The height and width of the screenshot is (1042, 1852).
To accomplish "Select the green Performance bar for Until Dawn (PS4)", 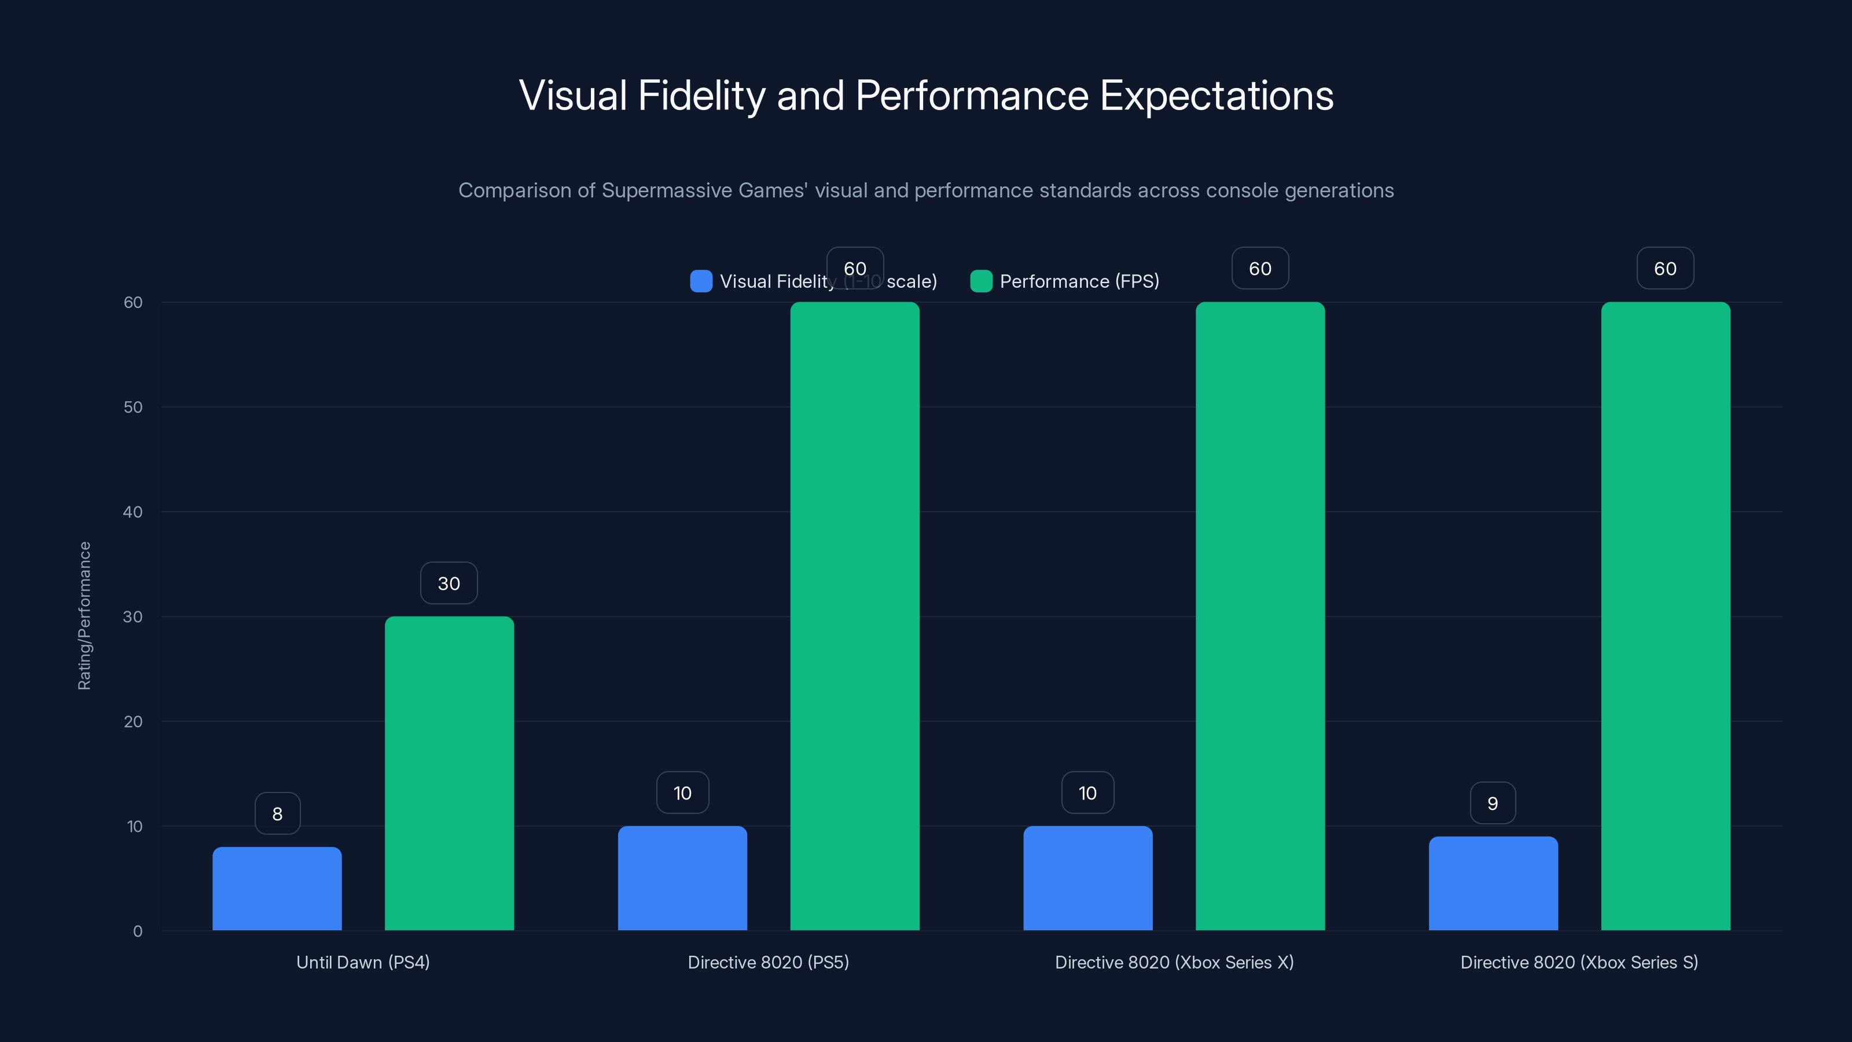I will tap(449, 773).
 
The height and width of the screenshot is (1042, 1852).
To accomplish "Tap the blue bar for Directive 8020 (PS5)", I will tap(682, 878).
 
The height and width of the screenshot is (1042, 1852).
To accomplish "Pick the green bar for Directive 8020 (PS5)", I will tap(855, 617).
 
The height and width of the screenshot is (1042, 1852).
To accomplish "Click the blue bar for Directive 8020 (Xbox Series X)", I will tap(1088, 878).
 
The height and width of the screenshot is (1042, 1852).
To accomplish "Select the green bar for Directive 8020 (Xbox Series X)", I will tap(1261, 617).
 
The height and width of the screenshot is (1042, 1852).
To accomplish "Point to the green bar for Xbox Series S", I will tap(1666, 617).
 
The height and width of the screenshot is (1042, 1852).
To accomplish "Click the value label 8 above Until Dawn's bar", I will tap(278, 813).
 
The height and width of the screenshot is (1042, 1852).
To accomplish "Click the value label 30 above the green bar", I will tap(449, 583).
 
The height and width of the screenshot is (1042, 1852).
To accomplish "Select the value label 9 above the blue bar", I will tap(1493, 803).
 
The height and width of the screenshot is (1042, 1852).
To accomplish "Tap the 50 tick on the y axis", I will tap(133, 407).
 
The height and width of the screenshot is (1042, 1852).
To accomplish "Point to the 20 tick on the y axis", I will tap(133, 721).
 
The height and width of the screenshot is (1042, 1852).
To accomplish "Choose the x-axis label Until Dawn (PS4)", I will tap(363, 962).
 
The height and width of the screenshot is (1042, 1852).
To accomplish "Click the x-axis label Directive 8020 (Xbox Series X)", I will tap(1174, 962).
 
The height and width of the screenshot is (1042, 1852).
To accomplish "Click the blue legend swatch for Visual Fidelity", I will tap(701, 281).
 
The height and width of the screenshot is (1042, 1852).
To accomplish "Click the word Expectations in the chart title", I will tap(1217, 96).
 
